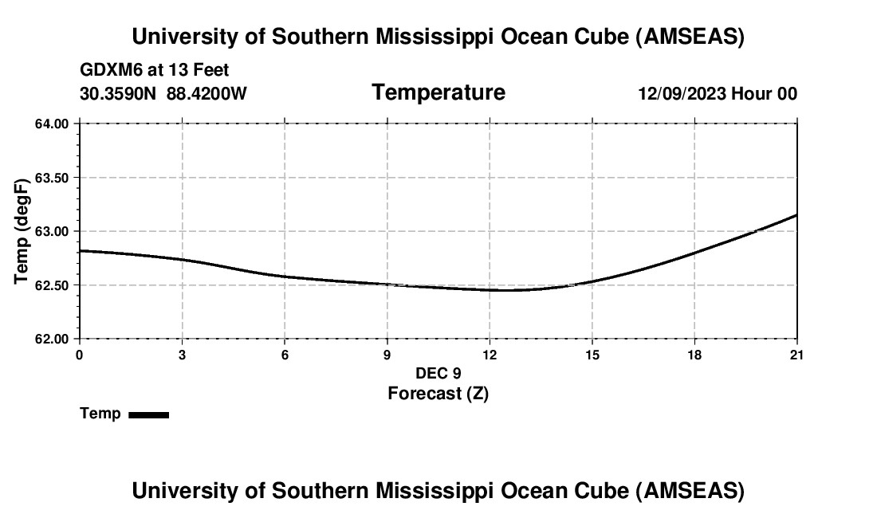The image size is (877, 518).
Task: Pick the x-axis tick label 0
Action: (79, 355)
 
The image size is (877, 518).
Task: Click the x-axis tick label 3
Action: (182, 355)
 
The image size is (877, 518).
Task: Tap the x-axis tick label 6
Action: (285, 355)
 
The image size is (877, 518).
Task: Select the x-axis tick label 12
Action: (490, 355)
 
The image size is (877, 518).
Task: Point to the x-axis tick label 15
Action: (592, 355)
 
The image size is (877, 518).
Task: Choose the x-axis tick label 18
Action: (694, 355)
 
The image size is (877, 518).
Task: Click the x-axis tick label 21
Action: (796, 355)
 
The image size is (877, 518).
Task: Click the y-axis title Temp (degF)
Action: (22, 231)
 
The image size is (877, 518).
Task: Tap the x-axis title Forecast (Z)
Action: (438, 394)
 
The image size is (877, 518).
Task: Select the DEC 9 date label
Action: (438, 373)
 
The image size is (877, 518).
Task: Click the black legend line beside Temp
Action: (148, 414)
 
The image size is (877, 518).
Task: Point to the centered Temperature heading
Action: (438, 92)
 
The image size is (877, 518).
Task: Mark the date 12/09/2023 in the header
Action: (682, 93)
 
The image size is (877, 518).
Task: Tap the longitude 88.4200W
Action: (206, 93)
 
